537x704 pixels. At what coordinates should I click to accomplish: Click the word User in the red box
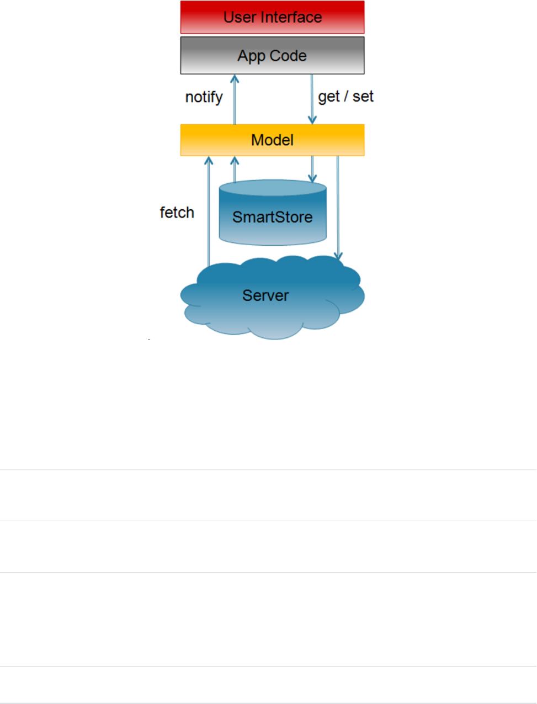[x=240, y=17]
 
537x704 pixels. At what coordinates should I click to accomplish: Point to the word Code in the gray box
[x=289, y=56]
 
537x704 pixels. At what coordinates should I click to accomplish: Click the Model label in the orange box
[x=272, y=140]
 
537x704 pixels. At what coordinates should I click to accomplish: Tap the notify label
[x=204, y=97]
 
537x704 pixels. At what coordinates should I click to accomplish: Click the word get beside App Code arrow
[x=329, y=97]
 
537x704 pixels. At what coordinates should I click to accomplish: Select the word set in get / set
[x=363, y=97]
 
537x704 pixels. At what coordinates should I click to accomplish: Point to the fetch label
[x=177, y=213]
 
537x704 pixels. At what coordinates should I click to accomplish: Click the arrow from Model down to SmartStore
[x=312, y=169]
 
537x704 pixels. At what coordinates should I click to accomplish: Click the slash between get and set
[x=346, y=97]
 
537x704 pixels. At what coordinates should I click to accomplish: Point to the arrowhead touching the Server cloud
[x=338, y=256]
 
